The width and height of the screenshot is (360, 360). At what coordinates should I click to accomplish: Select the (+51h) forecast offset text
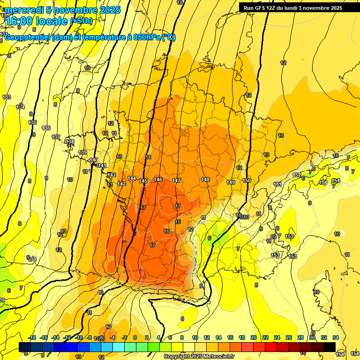coord(81,21)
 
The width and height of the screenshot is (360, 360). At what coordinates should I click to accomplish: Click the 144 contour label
coord(132,179)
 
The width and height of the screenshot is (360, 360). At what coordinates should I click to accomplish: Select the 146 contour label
coord(158,180)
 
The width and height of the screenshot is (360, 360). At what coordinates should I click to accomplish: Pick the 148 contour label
coord(205,180)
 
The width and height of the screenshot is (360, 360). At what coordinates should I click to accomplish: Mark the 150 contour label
coord(247,180)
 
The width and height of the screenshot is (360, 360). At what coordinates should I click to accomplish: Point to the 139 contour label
coord(83,152)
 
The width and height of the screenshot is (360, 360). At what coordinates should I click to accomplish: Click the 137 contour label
coord(56,137)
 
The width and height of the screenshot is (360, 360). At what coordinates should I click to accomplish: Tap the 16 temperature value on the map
coord(166,231)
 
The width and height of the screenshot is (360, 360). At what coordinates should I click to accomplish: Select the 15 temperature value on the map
coord(178,222)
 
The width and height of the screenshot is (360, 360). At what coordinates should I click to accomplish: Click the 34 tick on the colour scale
coord(336,337)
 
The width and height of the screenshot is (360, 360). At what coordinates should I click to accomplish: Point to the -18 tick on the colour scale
coord(32,337)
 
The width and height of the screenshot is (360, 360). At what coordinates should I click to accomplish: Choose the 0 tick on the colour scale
coord(135,337)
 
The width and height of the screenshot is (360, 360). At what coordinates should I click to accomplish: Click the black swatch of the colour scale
coord(330,347)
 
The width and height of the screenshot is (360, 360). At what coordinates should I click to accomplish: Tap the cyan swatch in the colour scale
coord(119,347)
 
